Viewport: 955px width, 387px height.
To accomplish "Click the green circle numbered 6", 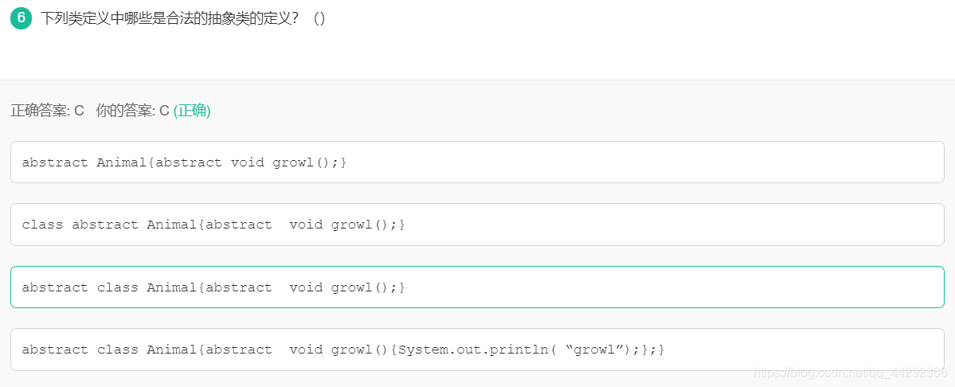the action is click(x=21, y=18).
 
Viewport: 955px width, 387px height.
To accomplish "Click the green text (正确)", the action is click(x=192, y=111).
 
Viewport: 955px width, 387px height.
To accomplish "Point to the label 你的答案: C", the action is click(x=132, y=111).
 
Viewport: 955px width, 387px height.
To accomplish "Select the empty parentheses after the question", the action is click(x=319, y=18).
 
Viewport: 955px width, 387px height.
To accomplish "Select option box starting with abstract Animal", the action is click(x=477, y=162).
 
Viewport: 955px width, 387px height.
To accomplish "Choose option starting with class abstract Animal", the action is click(x=477, y=225).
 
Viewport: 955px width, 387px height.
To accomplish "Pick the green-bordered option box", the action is click(x=477, y=287).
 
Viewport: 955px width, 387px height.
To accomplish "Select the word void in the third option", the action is click(x=306, y=287).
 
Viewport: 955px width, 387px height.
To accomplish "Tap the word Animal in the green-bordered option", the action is click(x=171, y=287).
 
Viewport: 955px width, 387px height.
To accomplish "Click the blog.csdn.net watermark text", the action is click(x=850, y=373).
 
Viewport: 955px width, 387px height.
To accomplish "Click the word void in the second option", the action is click(x=306, y=225).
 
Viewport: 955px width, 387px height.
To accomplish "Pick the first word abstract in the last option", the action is click(x=55, y=350).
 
